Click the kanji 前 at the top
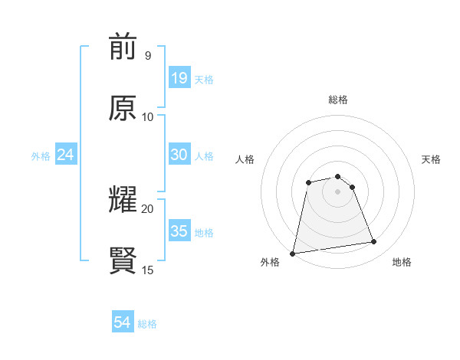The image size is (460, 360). pyautogui.click(x=123, y=48)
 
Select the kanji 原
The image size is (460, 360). pyautogui.click(x=123, y=109)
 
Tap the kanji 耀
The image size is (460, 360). pyautogui.click(x=123, y=201)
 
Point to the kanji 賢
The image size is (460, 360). pyautogui.click(x=123, y=261)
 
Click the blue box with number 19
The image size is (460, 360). pyautogui.click(x=179, y=78)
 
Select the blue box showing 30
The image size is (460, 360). pyautogui.click(x=179, y=155)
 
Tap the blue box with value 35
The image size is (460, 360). pyautogui.click(x=179, y=231)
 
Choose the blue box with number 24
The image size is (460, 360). pyautogui.click(x=66, y=155)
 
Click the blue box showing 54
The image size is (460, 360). pyautogui.click(x=123, y=323)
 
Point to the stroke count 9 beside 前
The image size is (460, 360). pyautogui.click(x=147, y=56)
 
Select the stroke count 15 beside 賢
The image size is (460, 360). pyautogui.click(x=147, y=270)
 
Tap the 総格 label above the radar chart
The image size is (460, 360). pyautogui.click(x=338, y=100)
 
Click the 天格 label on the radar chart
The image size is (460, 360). pyautogui.click(x=431, y=159)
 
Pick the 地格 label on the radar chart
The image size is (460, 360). pyautogui.click(x=402, y=262)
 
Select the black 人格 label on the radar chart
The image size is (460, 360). pyautogui.click(x=245, y=159)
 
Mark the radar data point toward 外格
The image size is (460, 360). pyautogui.click(x=293, y=253)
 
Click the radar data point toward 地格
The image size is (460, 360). pyautogui.click(x=374, y=242)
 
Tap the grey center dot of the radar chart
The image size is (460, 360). pyautogui.click(x=338, y=191)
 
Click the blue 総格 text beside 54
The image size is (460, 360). pyautogui.click(x=147, y=324)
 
